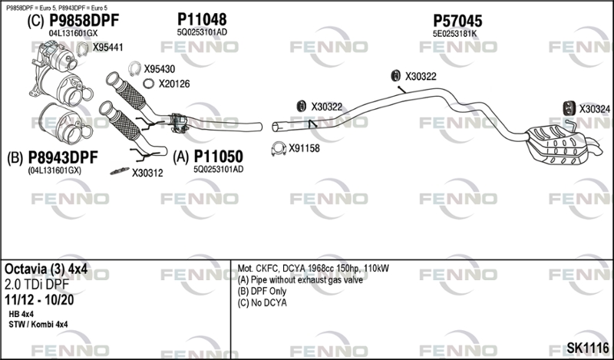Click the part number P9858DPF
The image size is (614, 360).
(x=84, y=21)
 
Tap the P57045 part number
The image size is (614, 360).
(x=457, y=21)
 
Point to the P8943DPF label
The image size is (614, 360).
(x=63, y=157)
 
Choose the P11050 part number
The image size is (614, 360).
(x=219, y=157)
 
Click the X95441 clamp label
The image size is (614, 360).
(x=107, y=48)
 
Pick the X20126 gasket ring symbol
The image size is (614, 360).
(x=148, y=84)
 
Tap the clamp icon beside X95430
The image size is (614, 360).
(x=134, y=68)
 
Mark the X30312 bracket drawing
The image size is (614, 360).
(x=120, y=171)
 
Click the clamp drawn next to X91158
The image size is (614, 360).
(x=278, y=148)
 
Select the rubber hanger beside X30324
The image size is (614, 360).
(x=569, y=108)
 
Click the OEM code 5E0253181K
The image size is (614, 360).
(x=454, y=34)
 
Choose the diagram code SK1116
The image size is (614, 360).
(x=588, y=347)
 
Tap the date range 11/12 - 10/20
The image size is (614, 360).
(x=39, y=300)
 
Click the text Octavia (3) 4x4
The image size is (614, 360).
(x=46, y=269)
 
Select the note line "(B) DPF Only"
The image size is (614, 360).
(x=262, y=291)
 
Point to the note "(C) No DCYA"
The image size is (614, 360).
(x=262, y=302)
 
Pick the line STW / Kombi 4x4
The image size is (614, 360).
(x=38, y=325)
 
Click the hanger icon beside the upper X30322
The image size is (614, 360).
(x=396, y=75)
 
